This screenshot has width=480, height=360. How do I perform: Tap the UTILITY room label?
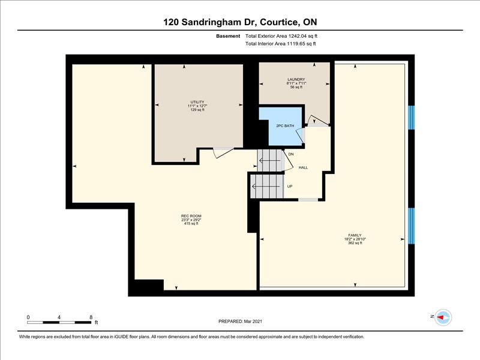click(197, 102)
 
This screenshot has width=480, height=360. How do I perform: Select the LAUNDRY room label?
click(296, 80)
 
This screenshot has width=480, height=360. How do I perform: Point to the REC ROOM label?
click(191, 216)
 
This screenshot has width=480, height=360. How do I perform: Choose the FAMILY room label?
click(355, 235)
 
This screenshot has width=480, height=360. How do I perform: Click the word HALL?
click(303, 168)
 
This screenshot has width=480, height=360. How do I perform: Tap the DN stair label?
click(291, 154)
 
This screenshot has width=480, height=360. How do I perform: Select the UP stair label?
click(290, 187)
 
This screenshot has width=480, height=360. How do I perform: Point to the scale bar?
click(59, 322)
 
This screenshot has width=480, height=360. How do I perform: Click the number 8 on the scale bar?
click(91, 317)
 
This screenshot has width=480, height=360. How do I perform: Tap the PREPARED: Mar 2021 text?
click(240, 322)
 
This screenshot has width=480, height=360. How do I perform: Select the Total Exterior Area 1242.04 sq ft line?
click(281, 36)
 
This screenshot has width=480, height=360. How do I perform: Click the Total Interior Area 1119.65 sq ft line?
click(280, 44)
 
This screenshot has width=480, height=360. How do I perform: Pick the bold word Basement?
click(228, 36)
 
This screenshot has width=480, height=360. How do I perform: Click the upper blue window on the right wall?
click(412, 118)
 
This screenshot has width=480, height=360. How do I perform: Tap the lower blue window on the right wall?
click(412, 226)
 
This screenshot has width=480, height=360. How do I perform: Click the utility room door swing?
click(223, 152)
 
